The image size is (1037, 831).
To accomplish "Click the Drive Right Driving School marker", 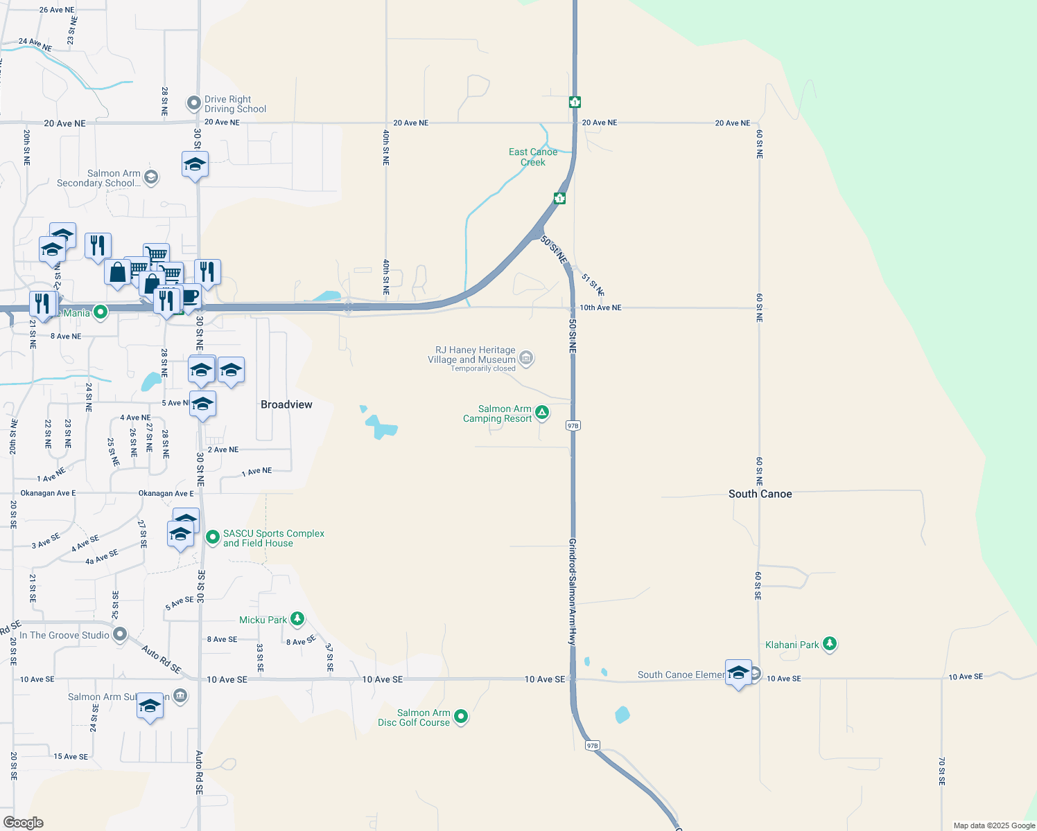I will click(x=194, y=103).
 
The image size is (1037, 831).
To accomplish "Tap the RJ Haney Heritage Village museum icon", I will click(x=526, y=357).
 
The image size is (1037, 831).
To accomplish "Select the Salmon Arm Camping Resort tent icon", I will click(x=542, y=413).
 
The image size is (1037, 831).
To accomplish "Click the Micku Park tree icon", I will click(x=297, y=618).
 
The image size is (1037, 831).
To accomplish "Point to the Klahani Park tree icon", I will click(x=829, y=644).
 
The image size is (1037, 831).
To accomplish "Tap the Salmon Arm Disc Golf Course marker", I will click(x=461, y=717).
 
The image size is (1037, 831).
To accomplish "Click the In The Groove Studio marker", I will click(x=120, y=634).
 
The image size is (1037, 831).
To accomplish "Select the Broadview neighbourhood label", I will click(x=286, y=404).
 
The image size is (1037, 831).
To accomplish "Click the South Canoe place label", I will click(x=760, y=494).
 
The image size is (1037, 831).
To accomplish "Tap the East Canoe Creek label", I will click(x=532, y=157).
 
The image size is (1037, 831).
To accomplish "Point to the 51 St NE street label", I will click(x=593, y=284).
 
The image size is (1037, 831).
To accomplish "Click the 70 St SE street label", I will click(x=942, y=771).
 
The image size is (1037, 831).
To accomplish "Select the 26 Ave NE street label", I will click(x=57, y=10).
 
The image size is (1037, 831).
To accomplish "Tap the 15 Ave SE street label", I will click(x=71, y=756).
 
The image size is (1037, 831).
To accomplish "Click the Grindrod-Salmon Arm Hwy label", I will click(x=573, y=592).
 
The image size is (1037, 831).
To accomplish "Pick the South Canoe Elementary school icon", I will click(x=738, y=672).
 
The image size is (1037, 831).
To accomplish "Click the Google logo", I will click(x=24, y=823).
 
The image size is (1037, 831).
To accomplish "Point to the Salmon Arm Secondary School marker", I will click(x=151, y=177).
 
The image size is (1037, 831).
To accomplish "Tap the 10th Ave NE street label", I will click(x=600, y=307).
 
